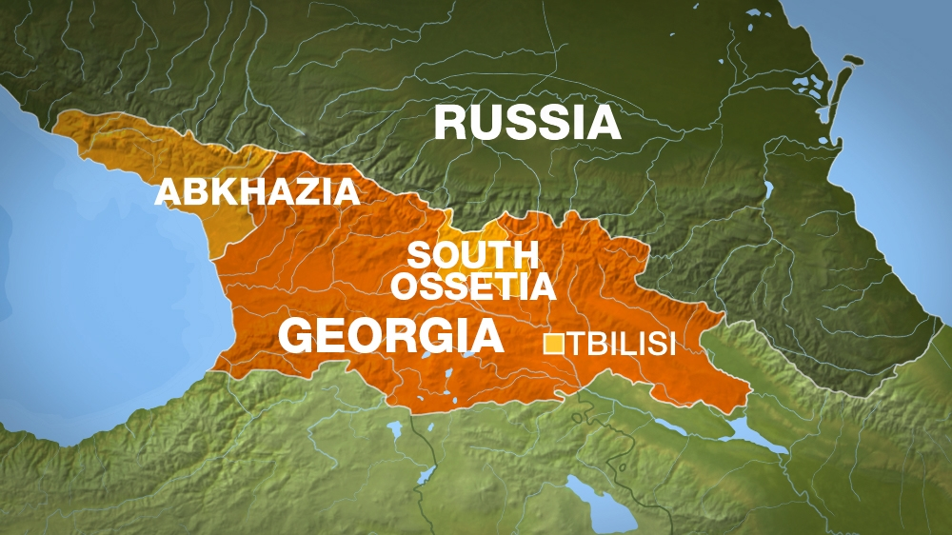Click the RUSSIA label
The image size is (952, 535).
pos(527,124)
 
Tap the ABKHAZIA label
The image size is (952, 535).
pos(257,192)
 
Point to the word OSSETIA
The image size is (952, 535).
pos(473,285)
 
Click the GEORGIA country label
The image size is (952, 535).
pos(391,335)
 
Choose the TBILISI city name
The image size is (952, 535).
pos(621,344)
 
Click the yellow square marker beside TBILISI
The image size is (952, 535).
pos(552,344)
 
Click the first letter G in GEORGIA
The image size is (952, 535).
pos(296,335)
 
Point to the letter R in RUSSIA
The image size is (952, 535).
pos(451,124)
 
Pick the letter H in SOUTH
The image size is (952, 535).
pos(526,255)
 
